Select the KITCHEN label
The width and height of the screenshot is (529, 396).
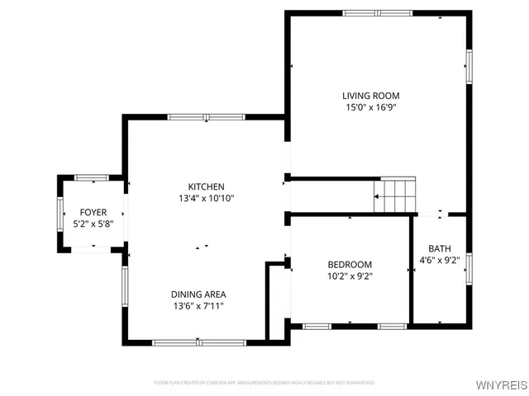click(206, 186)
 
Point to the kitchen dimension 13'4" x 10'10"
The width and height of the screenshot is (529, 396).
click(206, 198)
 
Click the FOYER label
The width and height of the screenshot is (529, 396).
click(93, 212)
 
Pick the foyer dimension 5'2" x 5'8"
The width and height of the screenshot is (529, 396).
click(93, 224)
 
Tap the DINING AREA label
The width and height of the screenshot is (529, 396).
click(198, 294)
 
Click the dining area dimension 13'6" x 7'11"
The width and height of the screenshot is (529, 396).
click(198, 306)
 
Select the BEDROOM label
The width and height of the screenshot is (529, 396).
click(350, 264)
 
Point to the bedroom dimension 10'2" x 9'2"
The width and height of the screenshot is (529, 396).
click(350, 276)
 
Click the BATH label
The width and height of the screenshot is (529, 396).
click(439, 249)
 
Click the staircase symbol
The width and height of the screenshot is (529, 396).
click(396, 196)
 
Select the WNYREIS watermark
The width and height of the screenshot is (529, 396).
click(499, 385)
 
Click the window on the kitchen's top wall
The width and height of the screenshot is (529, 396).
click(200, 117)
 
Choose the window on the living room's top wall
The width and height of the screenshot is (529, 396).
click(376, 12)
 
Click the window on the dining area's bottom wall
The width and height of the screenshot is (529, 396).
click(198, 342)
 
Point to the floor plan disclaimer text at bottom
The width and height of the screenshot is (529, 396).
click(264, 383)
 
